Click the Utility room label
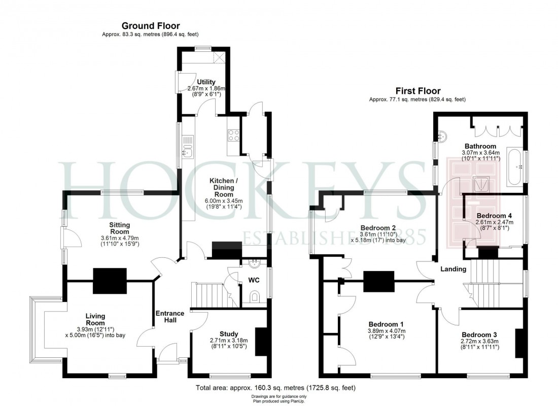[x=206, y=82]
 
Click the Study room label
[x=229, y=333]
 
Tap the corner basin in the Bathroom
[x=442, y=136]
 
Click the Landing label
[x=452, y=269]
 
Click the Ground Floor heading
[x=150, y=25]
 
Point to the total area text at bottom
[x=275, y=388]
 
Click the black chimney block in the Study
[x=260, y=342]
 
